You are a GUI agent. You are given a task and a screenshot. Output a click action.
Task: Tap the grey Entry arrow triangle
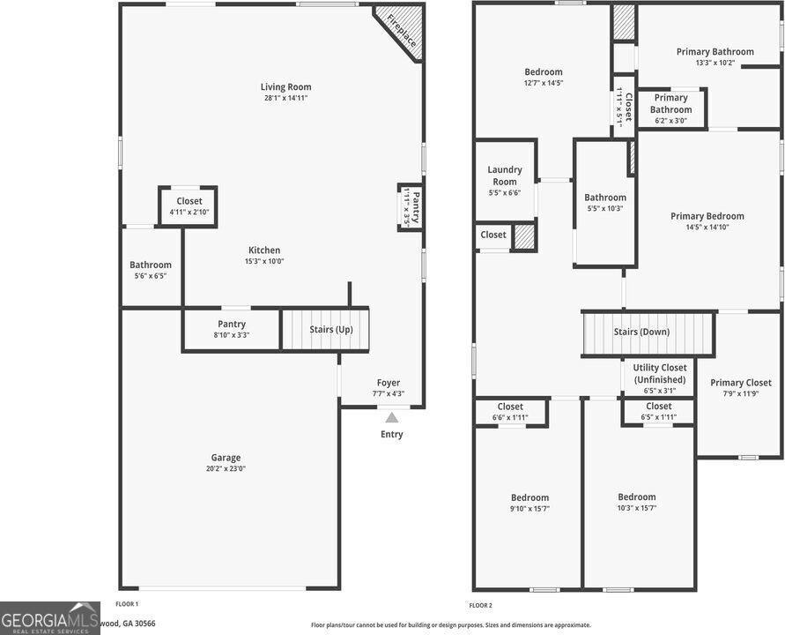pyautogui.click(x=392, y=417)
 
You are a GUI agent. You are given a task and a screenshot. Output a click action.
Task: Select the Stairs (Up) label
pyautogui.click(x=331, y=330)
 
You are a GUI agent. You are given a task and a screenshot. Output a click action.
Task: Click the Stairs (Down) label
pyautogui.click(x=641, y=332)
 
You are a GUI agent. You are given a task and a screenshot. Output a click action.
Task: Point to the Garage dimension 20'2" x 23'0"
pyautogui.click(x=226, y=468)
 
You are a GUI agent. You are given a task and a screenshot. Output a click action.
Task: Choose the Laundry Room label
pyautogui.click(x=505, y=176)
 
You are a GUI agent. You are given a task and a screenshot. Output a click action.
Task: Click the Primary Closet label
pyautogui.click(x=741, y=383)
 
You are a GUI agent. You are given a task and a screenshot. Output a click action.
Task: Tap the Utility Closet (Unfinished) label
pyautogui.click(x=660, y=373)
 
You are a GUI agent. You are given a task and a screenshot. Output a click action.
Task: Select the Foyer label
pyautogui.click(x=389, y=383)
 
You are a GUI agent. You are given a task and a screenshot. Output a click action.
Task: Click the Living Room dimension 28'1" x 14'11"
pyautogui.click(x=285, y=98)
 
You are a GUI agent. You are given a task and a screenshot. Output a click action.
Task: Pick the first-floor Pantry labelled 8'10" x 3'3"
pyautogui.click(x=232, y=329)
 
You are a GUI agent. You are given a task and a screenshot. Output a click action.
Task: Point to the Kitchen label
pyautogui.click(x=264, y=250)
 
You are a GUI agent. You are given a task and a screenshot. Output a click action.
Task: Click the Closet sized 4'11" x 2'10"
pyautogui.click(x=189, y=206)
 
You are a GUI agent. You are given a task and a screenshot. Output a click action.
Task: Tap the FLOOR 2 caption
pyautogui.click(x=481, y=605)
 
